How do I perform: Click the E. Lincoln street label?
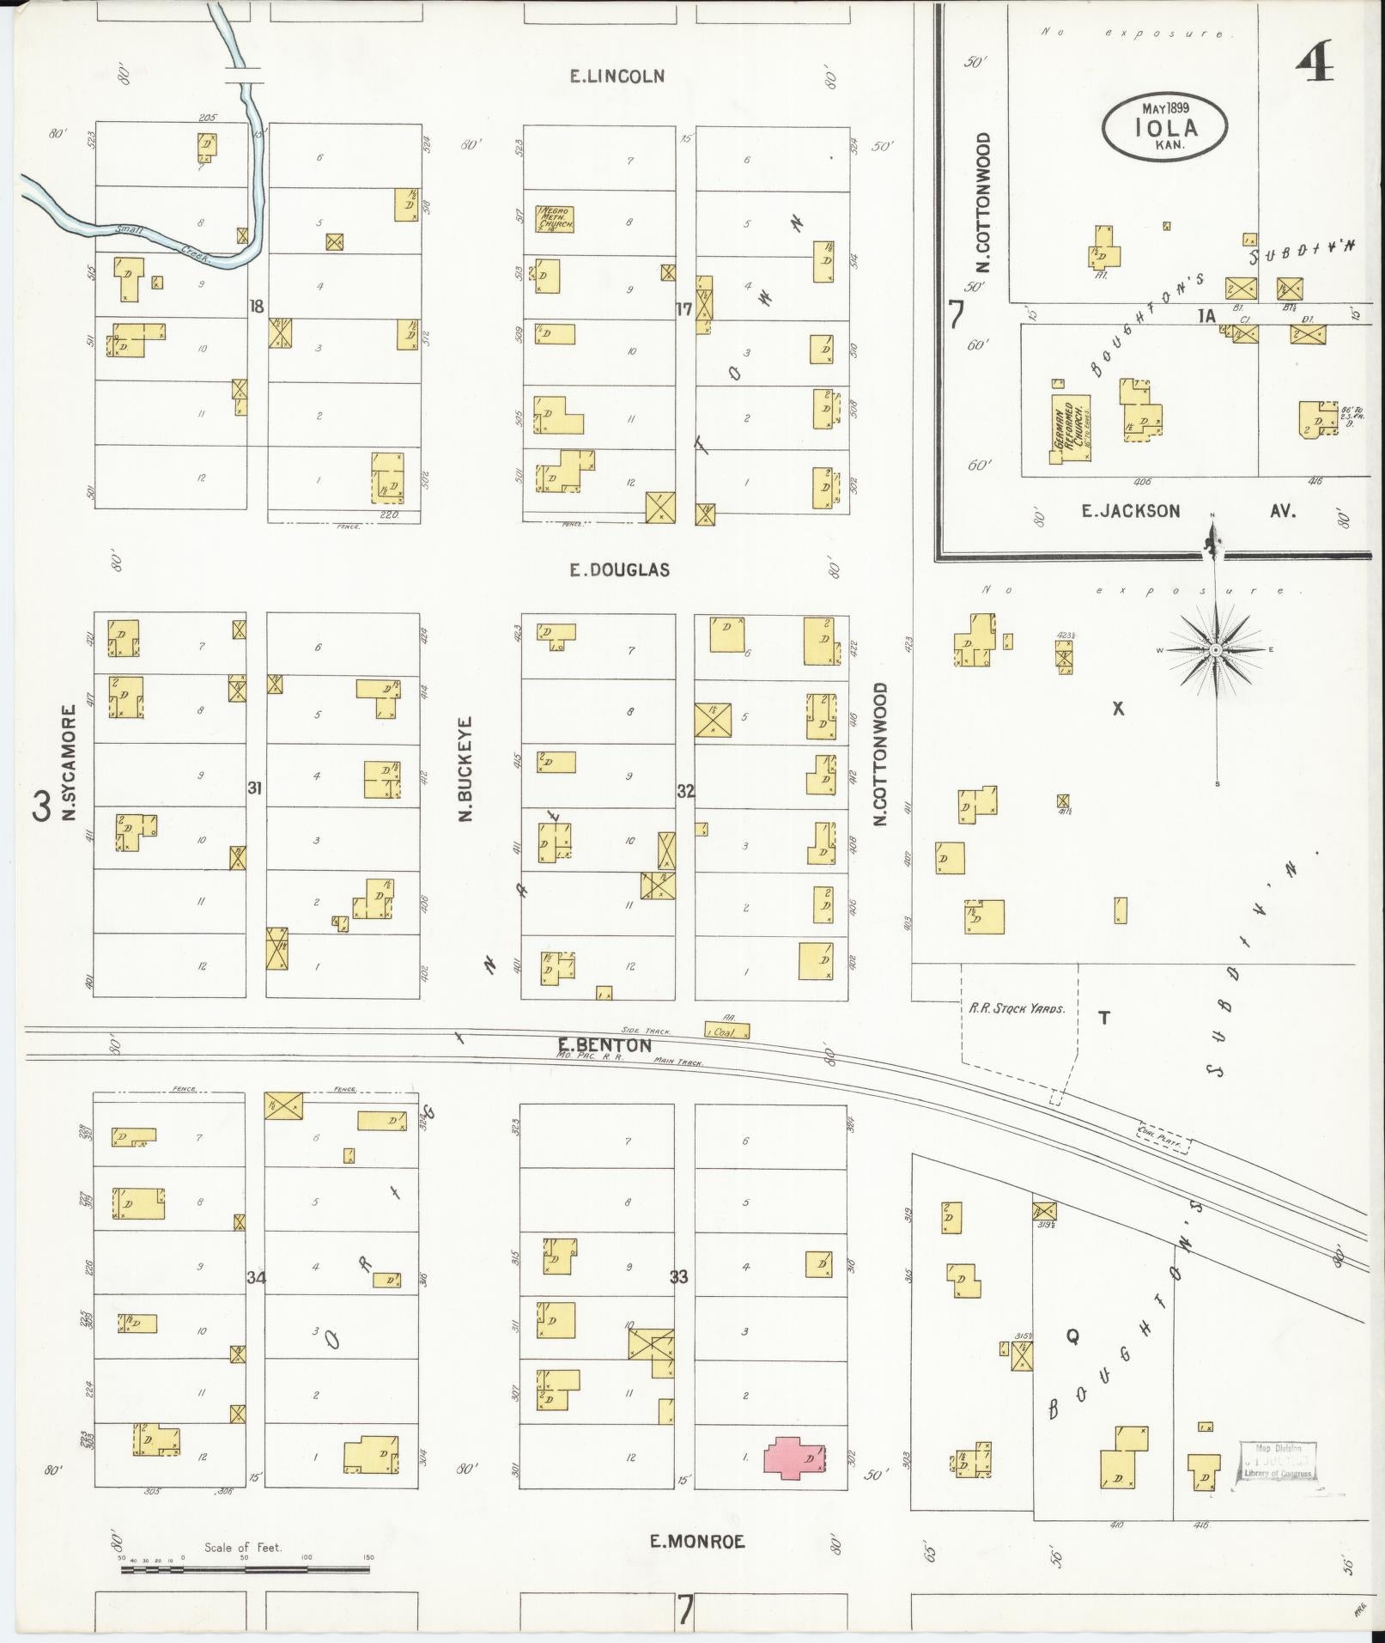point(617,76)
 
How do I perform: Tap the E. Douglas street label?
point(619,570)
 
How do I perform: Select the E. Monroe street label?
point(696,1542)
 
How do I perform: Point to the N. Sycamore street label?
point(70,763)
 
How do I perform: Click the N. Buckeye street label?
point(466,769)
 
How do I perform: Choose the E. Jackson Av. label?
point(1188,511)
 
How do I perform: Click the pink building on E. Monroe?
point(795,1457)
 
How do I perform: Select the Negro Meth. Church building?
point(555,220)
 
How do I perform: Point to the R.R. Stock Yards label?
point(1017,1008)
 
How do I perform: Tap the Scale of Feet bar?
point(245,1569)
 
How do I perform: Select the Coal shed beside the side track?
point(726,1031)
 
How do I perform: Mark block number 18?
point(255,306)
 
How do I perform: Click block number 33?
point(678,1277)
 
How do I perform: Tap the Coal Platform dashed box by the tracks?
point(1163,1139)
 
